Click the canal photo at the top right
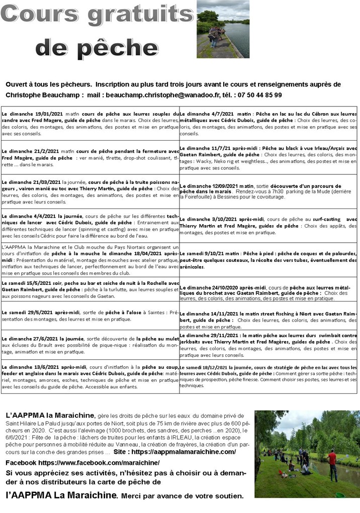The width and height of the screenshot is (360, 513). pos(223,29)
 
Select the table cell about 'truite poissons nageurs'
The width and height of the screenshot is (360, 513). pos(91,191)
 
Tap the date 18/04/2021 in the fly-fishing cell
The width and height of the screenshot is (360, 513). pos(149,254)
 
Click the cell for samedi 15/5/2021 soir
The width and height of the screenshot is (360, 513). pos(91,289)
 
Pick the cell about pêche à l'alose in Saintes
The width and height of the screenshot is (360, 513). pos(91,315)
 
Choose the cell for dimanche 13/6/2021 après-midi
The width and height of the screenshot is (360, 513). pos(91,377)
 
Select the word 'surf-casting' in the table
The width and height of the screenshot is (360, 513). pos(326,219)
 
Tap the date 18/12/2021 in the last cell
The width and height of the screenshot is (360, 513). pos(218,367)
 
